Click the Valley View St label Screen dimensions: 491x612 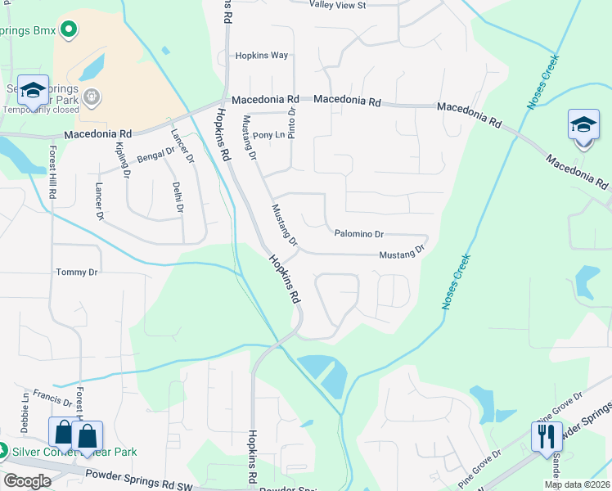point(337,5)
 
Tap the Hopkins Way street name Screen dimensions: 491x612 point(262,56)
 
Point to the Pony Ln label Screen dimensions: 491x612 point(268,135)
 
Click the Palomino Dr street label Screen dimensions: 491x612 point(358,234)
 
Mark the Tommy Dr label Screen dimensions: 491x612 point(76,272)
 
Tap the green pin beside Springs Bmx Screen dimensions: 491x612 point(69,31)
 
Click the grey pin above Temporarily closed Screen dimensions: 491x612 point(92,97)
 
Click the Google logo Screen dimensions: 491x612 point(27,481)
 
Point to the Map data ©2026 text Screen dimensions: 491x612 point(577,484)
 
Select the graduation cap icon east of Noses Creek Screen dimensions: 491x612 point(583,125)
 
